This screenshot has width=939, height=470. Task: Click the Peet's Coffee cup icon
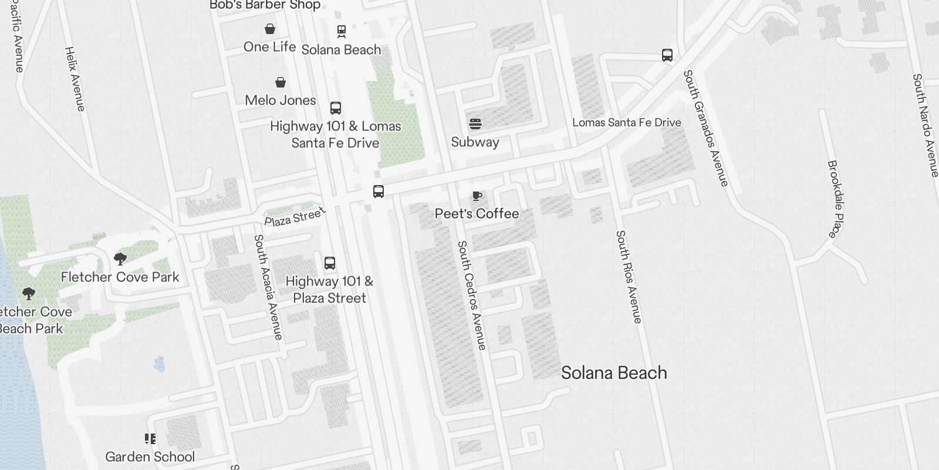pos(477,196)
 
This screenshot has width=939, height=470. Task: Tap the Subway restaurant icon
pos(475,124)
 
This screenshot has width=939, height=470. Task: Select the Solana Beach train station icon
pos(341,31)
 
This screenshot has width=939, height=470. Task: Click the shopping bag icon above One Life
pos(270,29)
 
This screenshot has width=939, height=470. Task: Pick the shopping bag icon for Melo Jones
pos(281,82)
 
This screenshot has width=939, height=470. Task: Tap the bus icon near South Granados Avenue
pos(667,55)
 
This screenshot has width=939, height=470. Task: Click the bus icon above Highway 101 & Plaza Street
pos(330,263)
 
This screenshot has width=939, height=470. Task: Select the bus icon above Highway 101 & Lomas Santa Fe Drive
pos(336,108)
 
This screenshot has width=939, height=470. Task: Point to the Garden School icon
pos(150,439)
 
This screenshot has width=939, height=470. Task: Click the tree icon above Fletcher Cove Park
pos(120,259)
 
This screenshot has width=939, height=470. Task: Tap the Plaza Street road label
pos(294,217)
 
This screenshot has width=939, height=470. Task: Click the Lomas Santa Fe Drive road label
pos(627,122)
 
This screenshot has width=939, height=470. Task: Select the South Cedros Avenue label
pos(472,295)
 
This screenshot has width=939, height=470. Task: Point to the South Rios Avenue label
pos(629,276)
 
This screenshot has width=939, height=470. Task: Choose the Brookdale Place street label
pos(835,199)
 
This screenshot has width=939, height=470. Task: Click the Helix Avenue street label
pos(75,79)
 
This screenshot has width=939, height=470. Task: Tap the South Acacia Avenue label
pos(268,287)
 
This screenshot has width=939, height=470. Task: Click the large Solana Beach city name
pos(614,372)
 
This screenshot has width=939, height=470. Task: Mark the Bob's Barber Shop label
pos(265,5)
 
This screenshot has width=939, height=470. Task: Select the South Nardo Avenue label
pos(926,125)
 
